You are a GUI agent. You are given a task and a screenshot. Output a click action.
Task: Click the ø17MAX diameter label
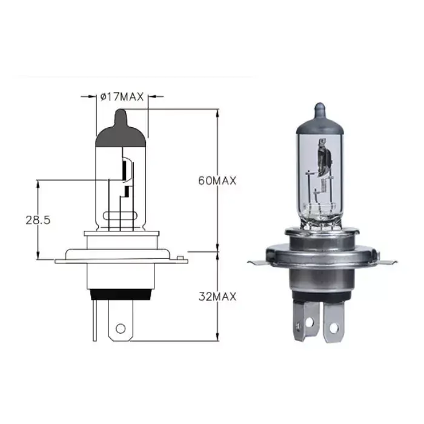point(122,95)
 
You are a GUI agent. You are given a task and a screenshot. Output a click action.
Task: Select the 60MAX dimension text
point(217,180)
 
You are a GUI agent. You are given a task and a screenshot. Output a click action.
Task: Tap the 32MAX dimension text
point(217,296)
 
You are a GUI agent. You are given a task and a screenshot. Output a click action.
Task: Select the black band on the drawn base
point(121,295)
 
